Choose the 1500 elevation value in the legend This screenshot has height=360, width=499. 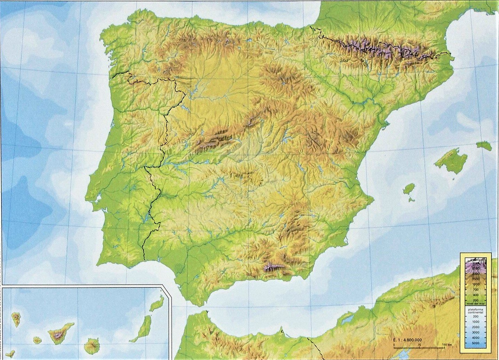pos(475,279)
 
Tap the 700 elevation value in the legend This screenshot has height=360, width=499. pos(475,289)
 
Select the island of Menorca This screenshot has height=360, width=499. pos(483,145)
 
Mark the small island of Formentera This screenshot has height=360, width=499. pos(412,200)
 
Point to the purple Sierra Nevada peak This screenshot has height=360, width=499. pos(271,267)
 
